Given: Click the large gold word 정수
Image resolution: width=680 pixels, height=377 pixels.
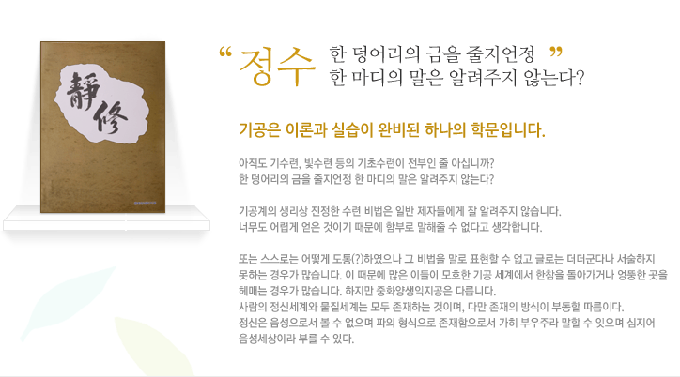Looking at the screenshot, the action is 277,66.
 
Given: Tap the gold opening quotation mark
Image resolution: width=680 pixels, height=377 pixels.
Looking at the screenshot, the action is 225,53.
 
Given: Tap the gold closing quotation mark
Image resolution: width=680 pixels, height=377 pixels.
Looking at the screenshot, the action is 556,53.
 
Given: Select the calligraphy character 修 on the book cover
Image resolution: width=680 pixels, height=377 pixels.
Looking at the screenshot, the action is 111,119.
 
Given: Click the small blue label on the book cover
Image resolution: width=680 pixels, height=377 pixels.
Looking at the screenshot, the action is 145,203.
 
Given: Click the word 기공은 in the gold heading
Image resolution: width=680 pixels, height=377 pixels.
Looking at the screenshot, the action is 260,129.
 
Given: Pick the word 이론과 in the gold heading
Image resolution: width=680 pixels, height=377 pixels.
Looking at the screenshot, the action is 306,129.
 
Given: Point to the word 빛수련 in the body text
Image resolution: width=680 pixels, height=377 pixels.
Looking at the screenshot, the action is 317,163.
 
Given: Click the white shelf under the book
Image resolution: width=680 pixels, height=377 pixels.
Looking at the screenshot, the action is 107,219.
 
